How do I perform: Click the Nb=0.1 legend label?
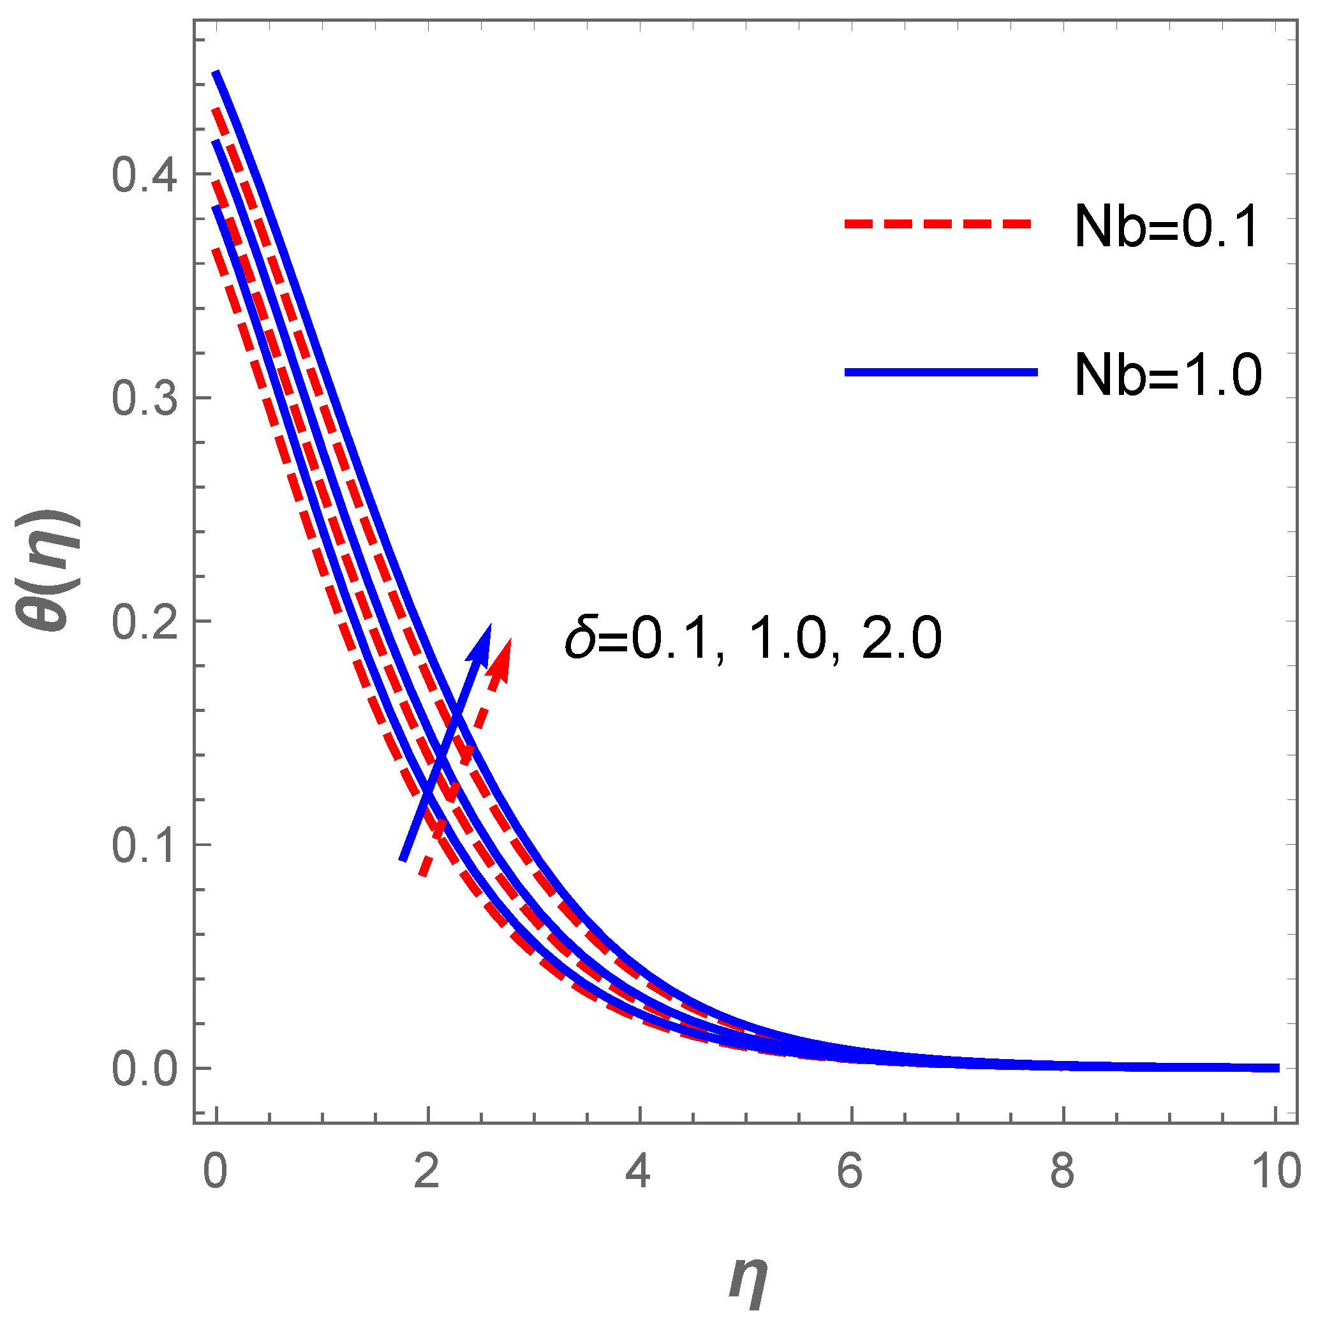pos(1167,227)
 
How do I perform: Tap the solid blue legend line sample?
pos(941,373)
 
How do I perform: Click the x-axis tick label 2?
pos(427,1171)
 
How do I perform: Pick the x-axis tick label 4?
pos(639,1171)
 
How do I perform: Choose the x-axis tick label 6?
pos(850,1171)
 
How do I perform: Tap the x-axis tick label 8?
pos(1062,1171)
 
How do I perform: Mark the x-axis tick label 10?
pos(1277,1171)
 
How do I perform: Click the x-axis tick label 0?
pos(216,1171)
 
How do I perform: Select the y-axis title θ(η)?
pos(49,571)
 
